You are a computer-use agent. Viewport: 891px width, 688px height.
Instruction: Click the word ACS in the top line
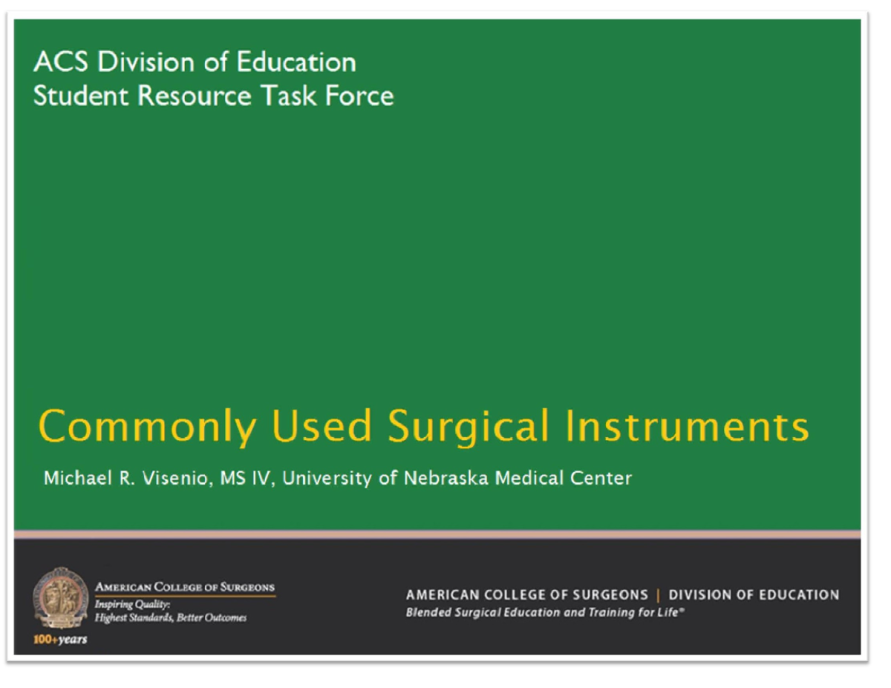click(62, 62)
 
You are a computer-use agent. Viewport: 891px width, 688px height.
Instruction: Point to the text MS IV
click(248, 478)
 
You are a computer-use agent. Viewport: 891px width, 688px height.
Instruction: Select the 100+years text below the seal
click(60, 640)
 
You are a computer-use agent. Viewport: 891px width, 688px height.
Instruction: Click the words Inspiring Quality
click(122, 606)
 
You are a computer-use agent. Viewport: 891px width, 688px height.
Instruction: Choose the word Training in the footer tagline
click(598, 613)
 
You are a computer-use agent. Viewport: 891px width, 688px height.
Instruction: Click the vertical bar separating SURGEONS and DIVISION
click(658, 595)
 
